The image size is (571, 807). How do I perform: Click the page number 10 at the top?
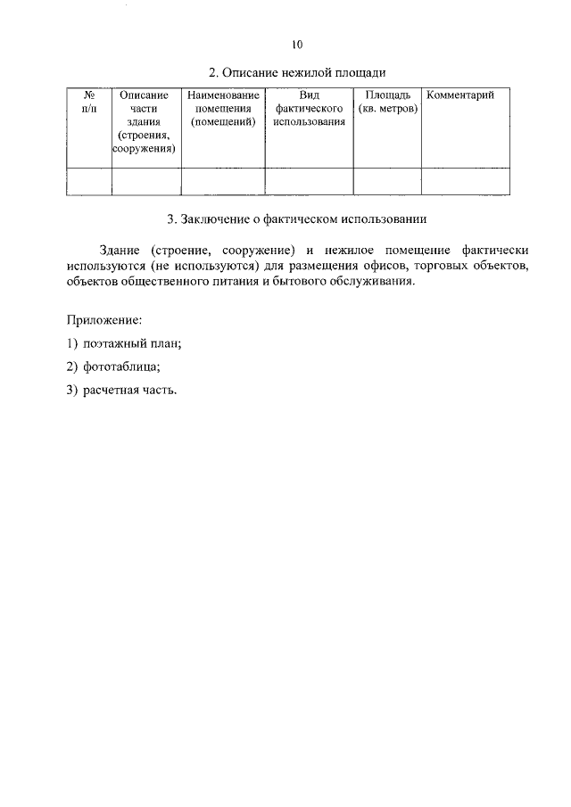coord(297,45)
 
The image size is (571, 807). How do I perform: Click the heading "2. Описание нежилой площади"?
coord(297,71)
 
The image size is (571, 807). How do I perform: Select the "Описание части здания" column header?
coord(145,122)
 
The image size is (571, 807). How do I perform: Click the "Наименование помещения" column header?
coord(223,109)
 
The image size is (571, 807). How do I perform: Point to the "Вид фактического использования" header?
coord(309,109)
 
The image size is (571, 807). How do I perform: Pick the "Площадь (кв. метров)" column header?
coord(387,102)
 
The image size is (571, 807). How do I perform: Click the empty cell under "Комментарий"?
coord(465,181)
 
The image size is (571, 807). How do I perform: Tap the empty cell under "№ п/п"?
coord(88,181)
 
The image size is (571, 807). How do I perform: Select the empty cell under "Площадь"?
coord(387,181)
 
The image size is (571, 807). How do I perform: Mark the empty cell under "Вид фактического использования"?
coord(309,181)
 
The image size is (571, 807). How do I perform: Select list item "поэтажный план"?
coord(130,343)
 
